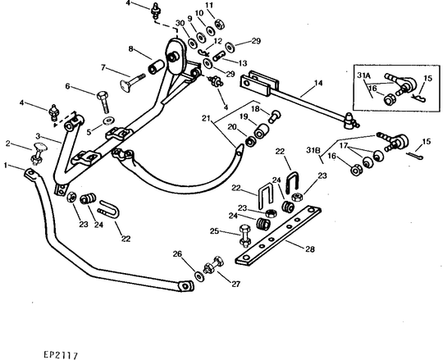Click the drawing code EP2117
point(61,355)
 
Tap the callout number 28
point(310,249)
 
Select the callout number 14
point(318,83)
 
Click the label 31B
point(313,150)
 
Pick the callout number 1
point(6,165)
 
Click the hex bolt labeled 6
point(103,103)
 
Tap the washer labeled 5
point(108,121)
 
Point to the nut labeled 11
point(220,24)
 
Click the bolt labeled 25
point(244,235)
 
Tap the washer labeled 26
point(199,276)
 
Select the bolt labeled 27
point(213,265)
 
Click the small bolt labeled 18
point(274,116)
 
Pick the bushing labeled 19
point(261,131)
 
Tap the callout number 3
point(39,136)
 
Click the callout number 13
point(243,63)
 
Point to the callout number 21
point(206,118)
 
